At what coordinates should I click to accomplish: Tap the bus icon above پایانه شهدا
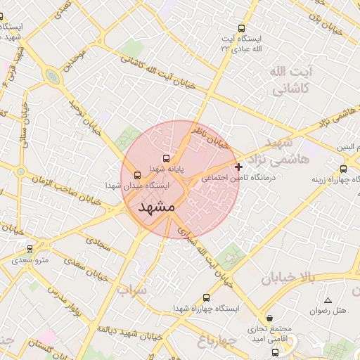click(166, 158)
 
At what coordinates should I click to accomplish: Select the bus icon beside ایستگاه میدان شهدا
click(136, 175)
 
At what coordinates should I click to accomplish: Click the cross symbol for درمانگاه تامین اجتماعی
click(239, 167)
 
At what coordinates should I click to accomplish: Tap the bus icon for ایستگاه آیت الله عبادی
click(242, 29)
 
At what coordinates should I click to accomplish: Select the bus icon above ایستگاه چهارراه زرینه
click(343, 169)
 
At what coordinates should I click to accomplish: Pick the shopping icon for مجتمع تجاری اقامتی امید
click(251, 319)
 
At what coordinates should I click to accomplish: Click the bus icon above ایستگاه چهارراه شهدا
click(206, 297)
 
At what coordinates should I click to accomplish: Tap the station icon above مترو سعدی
click(30, 249)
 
